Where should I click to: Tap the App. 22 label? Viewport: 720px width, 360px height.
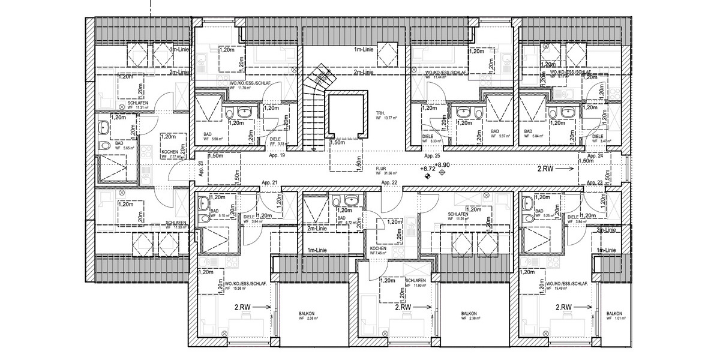pyautogui.click(x=389, y=182)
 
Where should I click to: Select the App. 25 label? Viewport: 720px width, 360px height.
pyautogui.click(x=433, y=155)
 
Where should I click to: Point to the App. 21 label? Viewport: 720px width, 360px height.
pyautogui.click(x=269, y=182)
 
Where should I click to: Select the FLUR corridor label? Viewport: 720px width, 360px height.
pyautogui.click(x=380, y=169)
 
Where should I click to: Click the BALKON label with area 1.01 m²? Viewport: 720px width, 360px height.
pyautogui.click(x=613, y=314)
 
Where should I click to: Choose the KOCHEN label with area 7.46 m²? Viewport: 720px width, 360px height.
pyautogui.click(x=377, y=248)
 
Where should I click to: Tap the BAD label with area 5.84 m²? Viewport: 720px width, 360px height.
pyautogui.click(x=529, y=131)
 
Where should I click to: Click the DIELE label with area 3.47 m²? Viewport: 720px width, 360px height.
pyautogui.click(x=598, y=137)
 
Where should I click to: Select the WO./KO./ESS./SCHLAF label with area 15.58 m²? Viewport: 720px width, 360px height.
pyautogui.click(x=246, y=283)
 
